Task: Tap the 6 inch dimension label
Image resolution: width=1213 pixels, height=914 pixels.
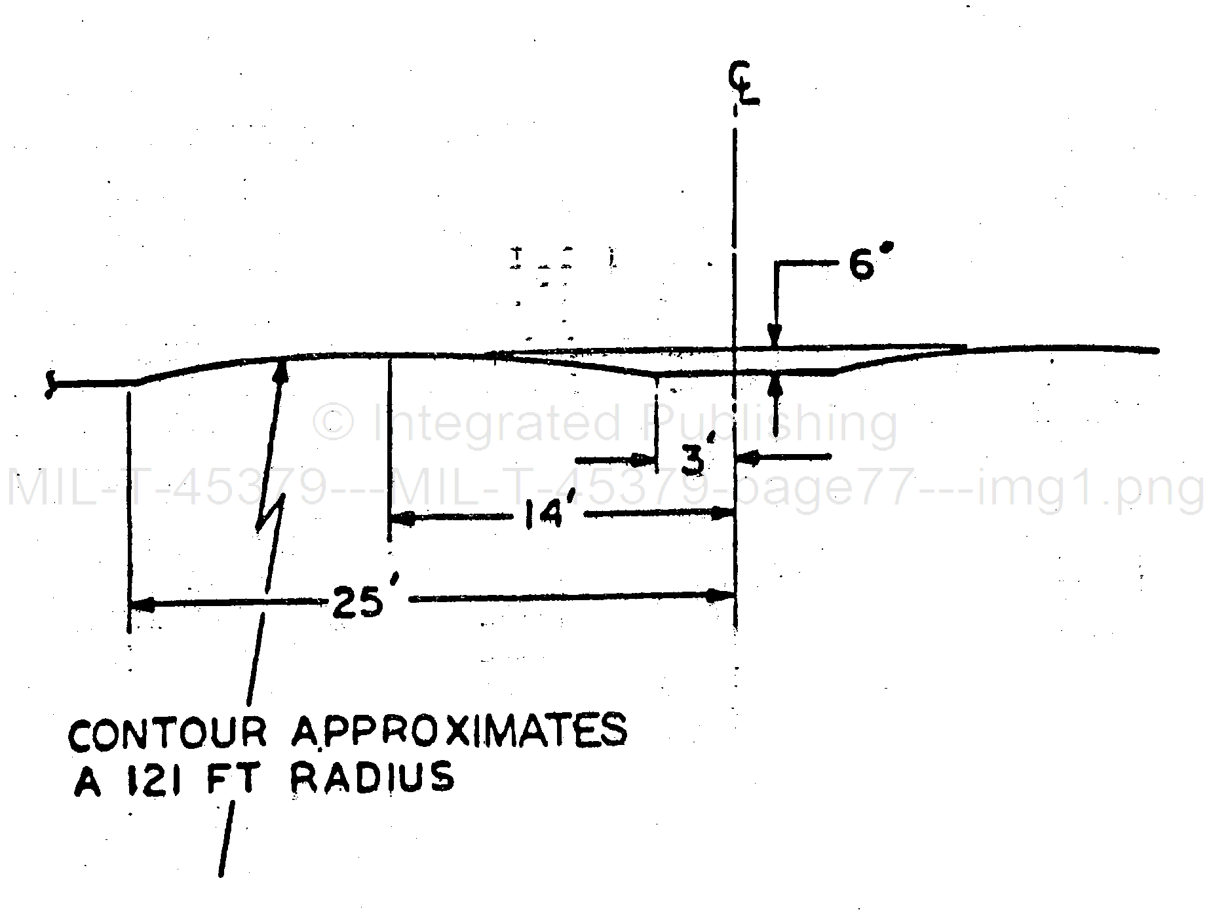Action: coord(870,265)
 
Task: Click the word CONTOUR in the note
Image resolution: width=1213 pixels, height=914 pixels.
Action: coord(168,733)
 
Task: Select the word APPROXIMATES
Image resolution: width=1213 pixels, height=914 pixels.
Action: coord(459,732)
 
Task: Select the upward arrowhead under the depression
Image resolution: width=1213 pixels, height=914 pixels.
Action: coord(777,387)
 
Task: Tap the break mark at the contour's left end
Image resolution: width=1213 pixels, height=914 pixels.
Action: coord(49,385)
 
